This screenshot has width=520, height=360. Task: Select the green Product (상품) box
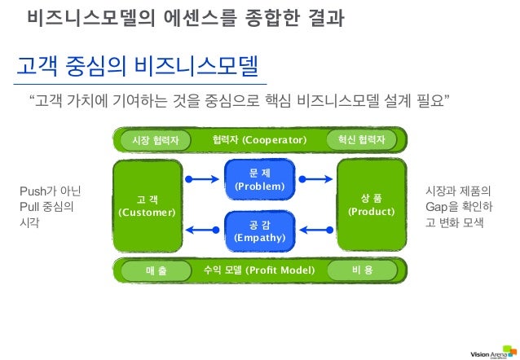click(x=371, y=205)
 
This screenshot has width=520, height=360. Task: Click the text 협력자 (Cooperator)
click(x=258, y=140)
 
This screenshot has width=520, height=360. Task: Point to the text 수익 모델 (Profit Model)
click(x=258, y=270)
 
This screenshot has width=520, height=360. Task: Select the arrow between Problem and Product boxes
click(x=315, y=178)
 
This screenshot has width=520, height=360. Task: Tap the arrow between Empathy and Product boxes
click(x=315, y=231)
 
